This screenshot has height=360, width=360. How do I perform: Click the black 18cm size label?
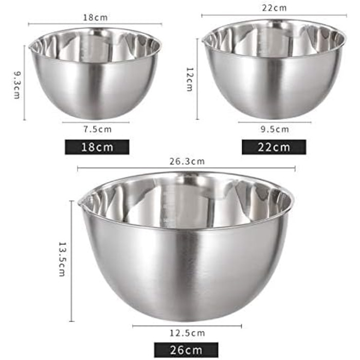tap(97, 147)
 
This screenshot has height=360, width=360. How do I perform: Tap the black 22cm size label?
tap(274, 147)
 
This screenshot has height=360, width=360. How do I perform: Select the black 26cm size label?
tap(186, 350)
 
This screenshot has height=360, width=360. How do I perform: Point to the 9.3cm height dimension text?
tap(17, 85)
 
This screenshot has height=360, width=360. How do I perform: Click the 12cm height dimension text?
tap(190, 79)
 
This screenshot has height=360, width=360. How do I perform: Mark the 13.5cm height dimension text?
tap(62, 259)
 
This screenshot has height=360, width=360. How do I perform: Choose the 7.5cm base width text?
tap(97, 130)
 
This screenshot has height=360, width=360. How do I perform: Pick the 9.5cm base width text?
tap(275, 130)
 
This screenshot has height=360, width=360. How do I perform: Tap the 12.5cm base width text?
tap(187, 333)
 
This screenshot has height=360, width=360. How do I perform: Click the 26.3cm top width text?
tap(187, 161)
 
